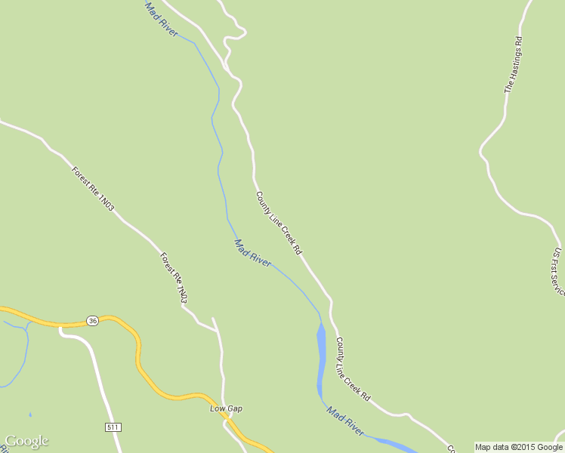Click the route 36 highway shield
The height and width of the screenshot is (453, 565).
pos(92,320)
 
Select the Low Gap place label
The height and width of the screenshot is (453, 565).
pos(226,408)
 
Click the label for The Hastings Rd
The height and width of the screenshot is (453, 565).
pos(514,63)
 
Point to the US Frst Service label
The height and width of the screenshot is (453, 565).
pos(557,271)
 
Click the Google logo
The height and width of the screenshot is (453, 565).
pos(26,442)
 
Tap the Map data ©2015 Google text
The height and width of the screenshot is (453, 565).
pos(519,447)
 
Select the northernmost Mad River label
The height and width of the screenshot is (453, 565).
pos(162,20)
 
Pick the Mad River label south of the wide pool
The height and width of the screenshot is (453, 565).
pos(345,420)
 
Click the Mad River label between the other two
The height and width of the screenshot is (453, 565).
pos(253,253)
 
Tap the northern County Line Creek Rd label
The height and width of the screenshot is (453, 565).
pos(279,222)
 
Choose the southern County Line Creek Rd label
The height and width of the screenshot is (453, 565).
pos(353,368)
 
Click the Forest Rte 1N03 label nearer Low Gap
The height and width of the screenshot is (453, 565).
pos(173,279)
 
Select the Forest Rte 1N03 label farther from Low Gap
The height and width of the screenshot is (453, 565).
pos(93,188)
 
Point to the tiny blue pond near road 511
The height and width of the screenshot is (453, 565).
pos(30,414)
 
